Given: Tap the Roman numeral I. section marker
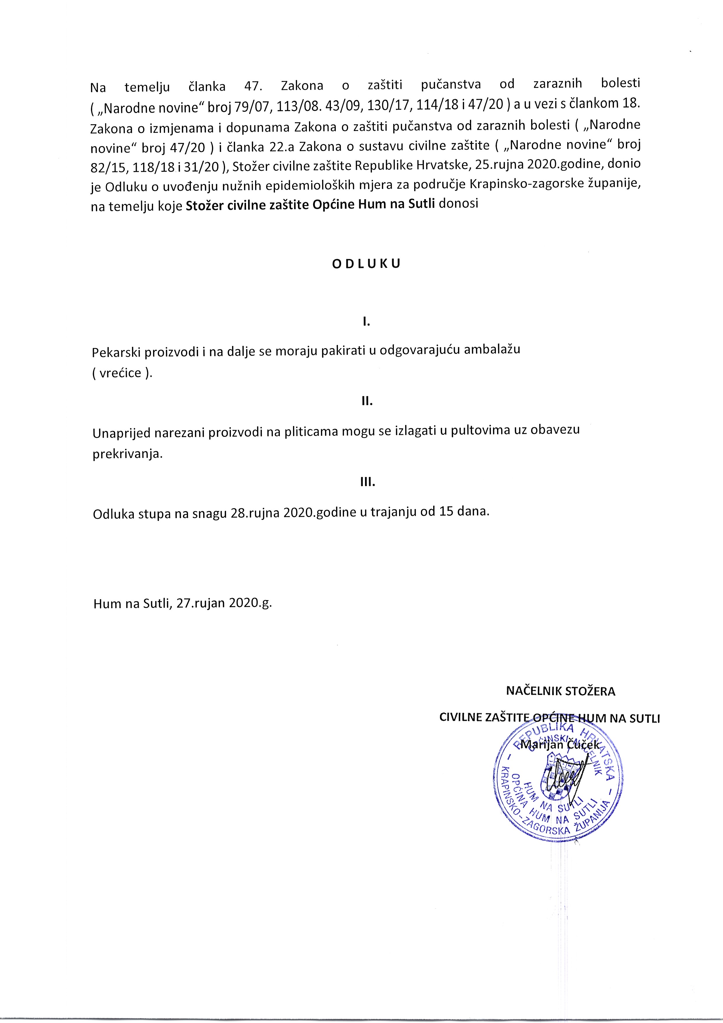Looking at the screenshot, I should [x=367, y=321].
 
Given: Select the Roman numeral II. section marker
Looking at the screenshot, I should [x=367, y=402].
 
